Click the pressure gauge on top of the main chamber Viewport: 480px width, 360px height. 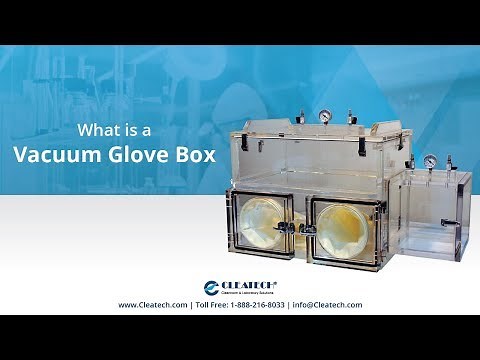click(x=327, y=118)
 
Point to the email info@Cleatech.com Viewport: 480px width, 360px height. click(x=327, y=305)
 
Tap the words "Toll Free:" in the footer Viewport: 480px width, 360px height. click(x=216, y=305)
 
